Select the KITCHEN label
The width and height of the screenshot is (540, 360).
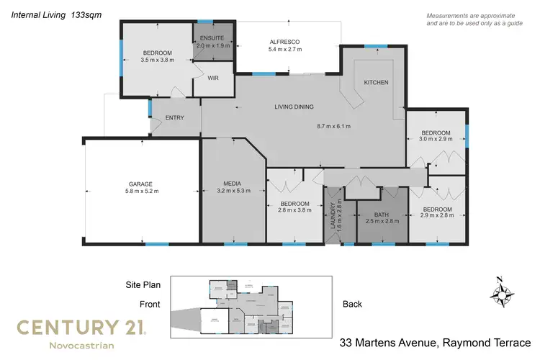375,83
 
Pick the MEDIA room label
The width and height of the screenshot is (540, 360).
232,184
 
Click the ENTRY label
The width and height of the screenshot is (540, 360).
174,118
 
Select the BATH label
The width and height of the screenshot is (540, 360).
382,215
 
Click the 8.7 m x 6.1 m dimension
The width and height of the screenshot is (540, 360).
333,127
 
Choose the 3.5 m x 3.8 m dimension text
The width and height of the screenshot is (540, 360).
157,60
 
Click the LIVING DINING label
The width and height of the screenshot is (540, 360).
294,108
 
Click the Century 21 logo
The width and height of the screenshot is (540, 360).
81,328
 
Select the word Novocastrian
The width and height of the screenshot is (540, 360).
81,346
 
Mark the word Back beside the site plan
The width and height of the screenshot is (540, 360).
352,305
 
